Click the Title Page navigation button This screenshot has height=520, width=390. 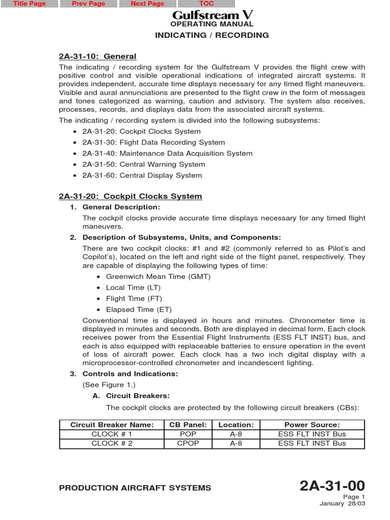[29, 4]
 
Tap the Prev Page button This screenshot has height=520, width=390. [88, 4]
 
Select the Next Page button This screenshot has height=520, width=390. [147, 4]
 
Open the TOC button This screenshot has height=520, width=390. [206, 4]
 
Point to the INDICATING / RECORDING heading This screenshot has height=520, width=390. [212, 35]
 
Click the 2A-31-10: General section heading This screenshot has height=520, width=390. [97, 56]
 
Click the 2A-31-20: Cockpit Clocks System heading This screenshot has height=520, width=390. [131, 196]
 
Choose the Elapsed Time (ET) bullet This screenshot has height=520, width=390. [139, 309]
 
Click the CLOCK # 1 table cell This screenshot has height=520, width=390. [112, 434]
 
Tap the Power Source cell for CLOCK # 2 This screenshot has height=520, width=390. [312, 443]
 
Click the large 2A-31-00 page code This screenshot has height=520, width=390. [332, 486]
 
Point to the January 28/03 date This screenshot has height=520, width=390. [342, 504]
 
